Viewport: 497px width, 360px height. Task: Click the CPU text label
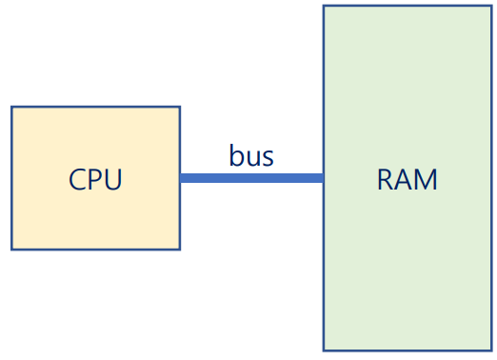95,179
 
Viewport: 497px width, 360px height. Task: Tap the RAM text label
408,179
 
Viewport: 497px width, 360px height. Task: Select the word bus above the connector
251,156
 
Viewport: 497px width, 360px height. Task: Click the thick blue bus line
251,178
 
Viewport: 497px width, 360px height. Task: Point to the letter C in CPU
78,179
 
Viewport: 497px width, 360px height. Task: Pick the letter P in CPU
95,179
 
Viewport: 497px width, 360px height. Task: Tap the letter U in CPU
112,179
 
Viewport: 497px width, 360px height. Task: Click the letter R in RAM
386,179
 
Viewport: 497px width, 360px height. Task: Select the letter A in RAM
405,179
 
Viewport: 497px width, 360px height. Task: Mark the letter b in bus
237,155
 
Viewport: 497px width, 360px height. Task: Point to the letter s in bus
268,158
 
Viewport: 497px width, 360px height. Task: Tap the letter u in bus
252,158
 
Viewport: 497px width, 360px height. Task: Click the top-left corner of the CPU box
12,107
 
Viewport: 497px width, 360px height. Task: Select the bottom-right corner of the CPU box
179,249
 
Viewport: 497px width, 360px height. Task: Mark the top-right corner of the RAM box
491,7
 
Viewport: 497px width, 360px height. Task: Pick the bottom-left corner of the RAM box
324,350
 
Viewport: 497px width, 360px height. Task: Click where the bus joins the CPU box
181,178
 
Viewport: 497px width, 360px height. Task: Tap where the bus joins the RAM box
323,178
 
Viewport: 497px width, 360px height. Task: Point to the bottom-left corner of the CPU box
12,249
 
